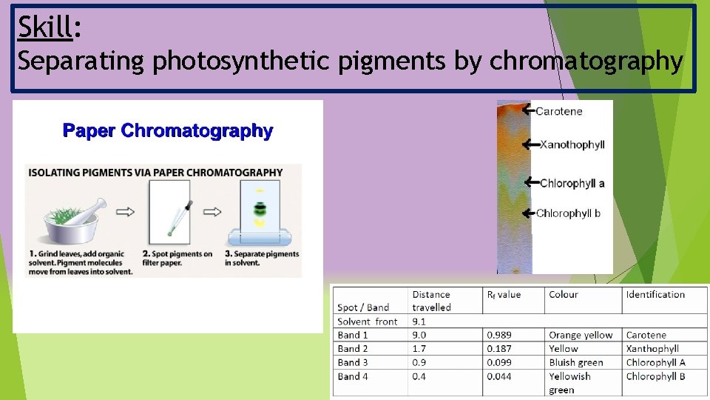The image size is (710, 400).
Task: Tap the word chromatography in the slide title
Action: click(586, 62)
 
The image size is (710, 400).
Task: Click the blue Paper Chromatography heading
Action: click(168, 131)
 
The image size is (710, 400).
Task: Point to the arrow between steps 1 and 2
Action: click(126, 212)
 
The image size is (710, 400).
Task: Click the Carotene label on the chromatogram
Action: click(558, 111)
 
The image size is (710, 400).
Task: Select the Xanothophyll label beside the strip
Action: click(572, 144)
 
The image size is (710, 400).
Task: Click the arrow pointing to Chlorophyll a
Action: click(530, 182)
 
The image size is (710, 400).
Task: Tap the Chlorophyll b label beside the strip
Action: click(568, 213)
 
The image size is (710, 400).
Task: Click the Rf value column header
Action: click(504, 295)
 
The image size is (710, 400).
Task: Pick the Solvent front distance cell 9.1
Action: click(419, 321)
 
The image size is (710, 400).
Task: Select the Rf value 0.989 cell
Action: click(499, 335)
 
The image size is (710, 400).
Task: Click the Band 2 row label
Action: click(353, 349)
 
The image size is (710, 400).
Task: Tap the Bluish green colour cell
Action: click(575, 362)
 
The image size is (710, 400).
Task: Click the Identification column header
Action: click(655, 295)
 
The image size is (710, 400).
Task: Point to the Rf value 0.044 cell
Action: click(499, 376)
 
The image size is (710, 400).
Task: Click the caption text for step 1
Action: click(81, 262)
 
